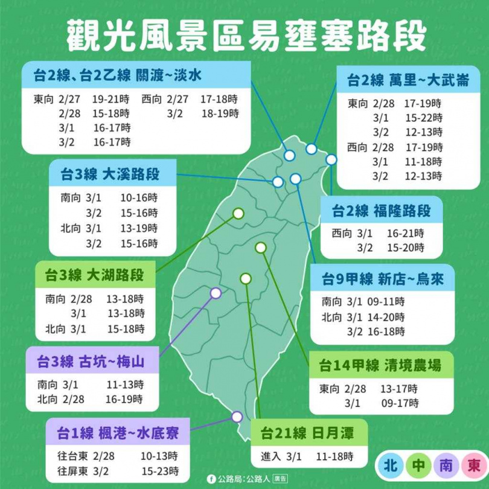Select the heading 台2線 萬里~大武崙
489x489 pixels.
click(404, 80)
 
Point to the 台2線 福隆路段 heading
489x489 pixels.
click(381, 211)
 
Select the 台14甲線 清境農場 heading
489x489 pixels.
click(380, 365)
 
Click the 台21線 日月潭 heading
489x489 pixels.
click(307, 432)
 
